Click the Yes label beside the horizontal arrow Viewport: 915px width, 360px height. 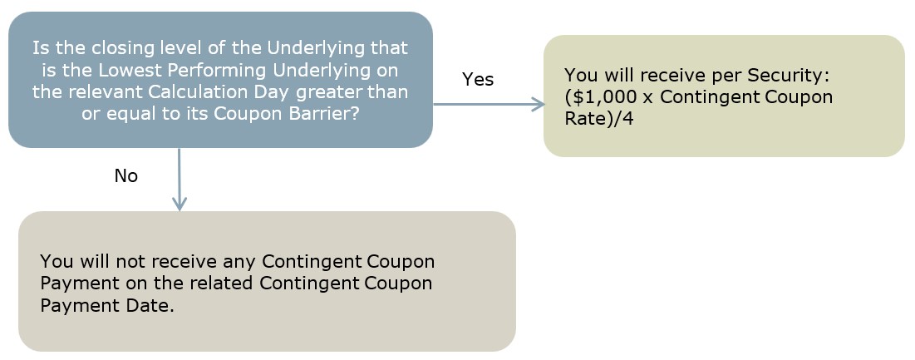tap(478, 79)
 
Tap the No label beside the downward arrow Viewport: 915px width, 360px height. tap(126, 175)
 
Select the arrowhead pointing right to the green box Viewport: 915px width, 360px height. tap(537, 105)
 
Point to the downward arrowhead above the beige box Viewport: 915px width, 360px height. tap(180, 203)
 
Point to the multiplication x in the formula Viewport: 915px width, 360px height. tap(648, 97)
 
